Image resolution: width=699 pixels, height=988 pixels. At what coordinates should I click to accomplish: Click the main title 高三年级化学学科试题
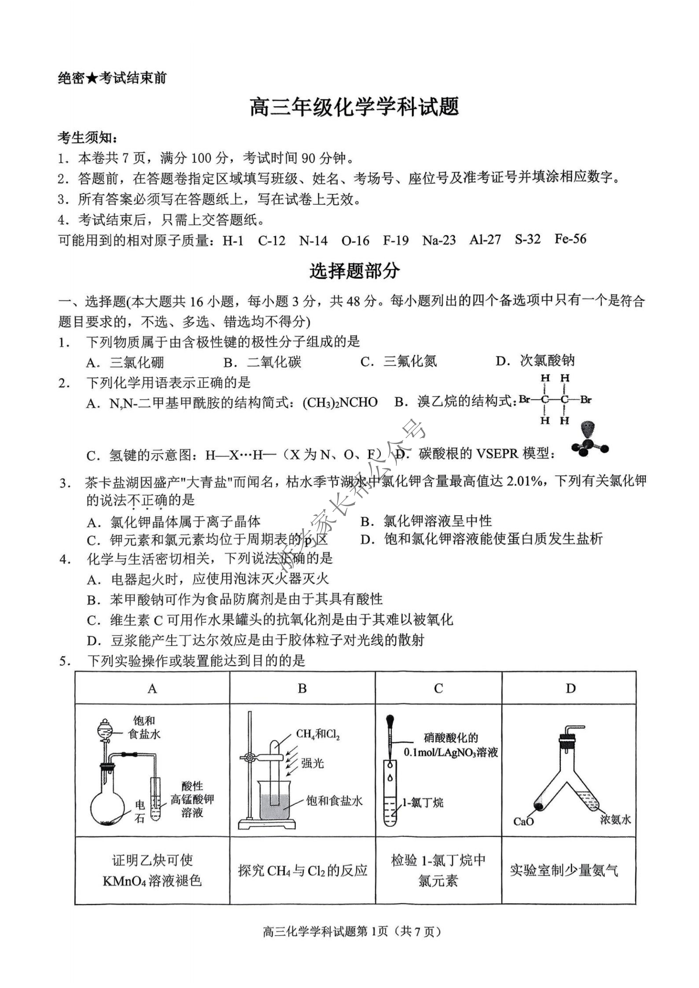click(354, 107)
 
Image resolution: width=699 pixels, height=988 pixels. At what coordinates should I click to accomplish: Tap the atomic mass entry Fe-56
click(570, 239)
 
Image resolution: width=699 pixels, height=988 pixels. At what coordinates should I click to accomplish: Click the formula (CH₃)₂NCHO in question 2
click(340, 403)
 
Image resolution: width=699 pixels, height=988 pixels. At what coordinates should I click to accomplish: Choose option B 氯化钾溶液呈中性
click(437, 521)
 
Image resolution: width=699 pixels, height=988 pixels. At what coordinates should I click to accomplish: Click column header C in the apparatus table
click(438, 689)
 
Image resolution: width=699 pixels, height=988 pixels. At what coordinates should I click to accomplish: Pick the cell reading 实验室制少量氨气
click(564, 871)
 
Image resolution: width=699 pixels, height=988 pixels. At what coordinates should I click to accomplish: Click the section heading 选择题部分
click(354, 271)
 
